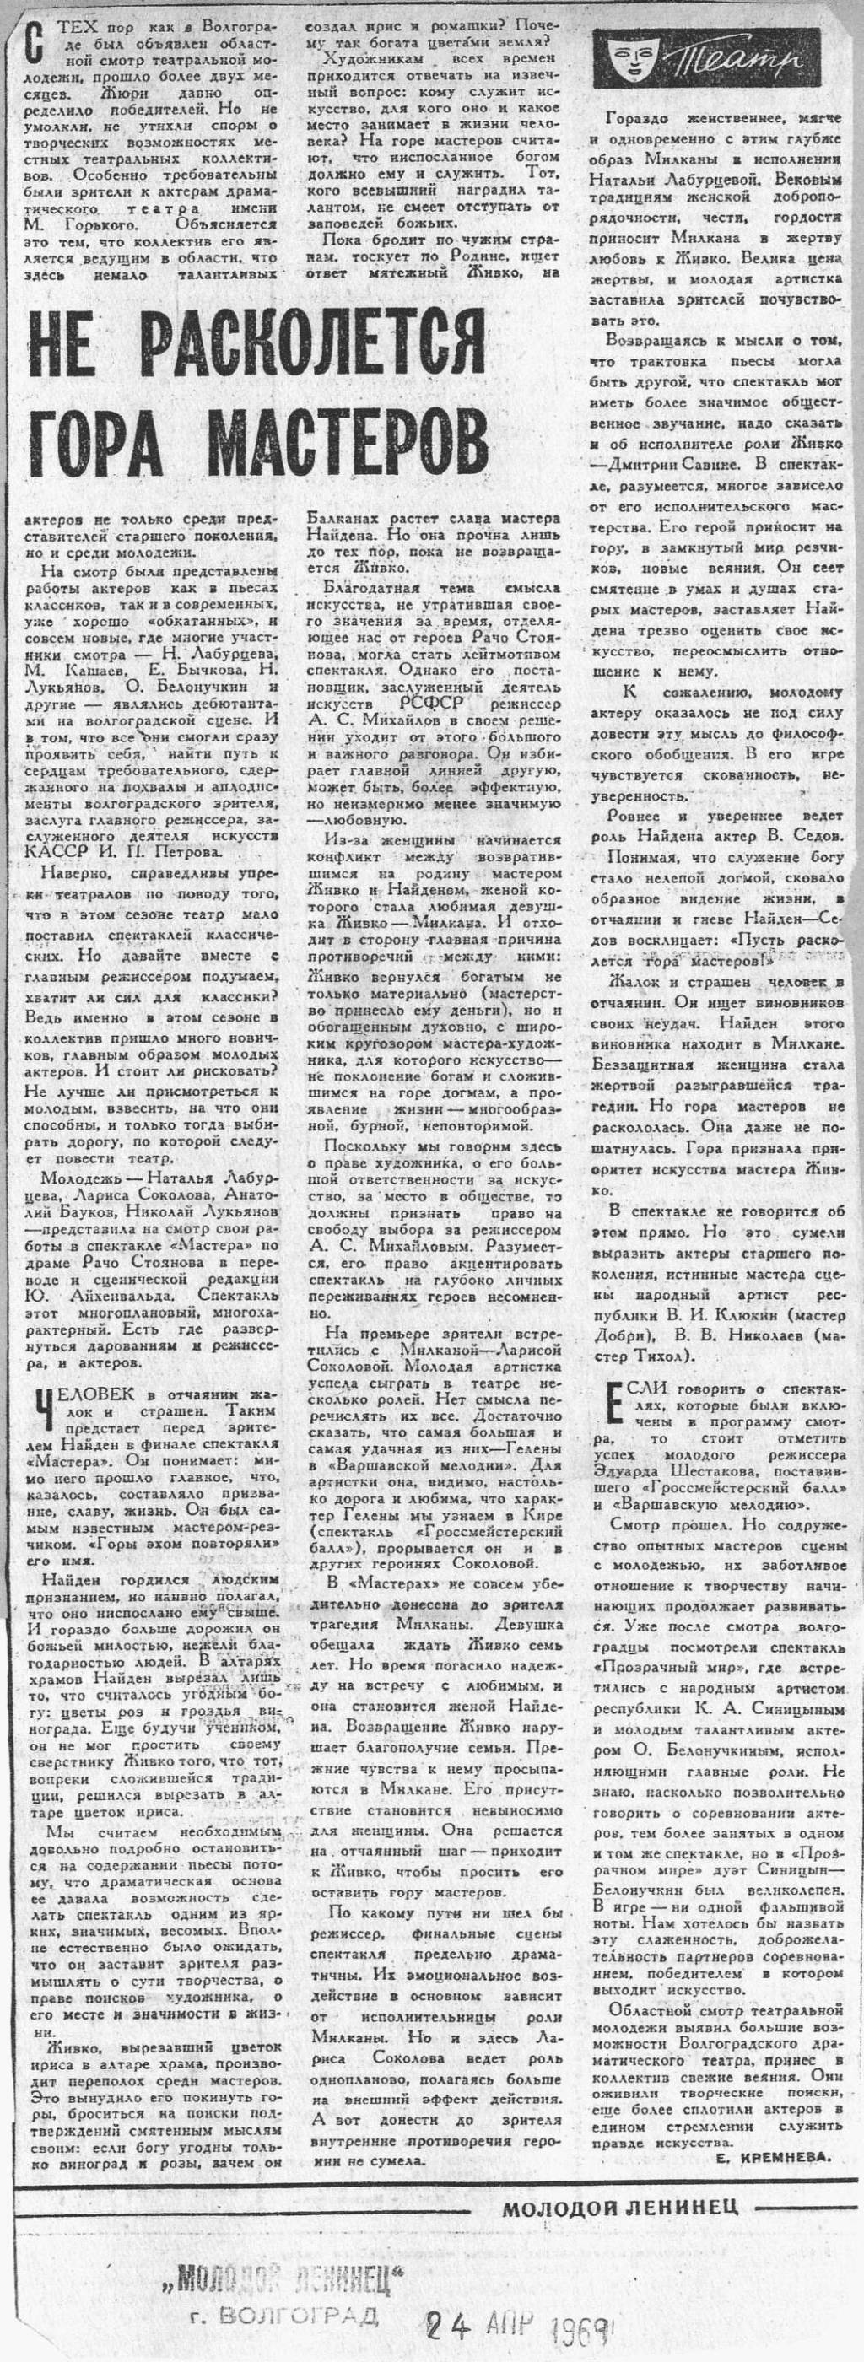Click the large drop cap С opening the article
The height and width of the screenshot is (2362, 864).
[34, 40]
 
